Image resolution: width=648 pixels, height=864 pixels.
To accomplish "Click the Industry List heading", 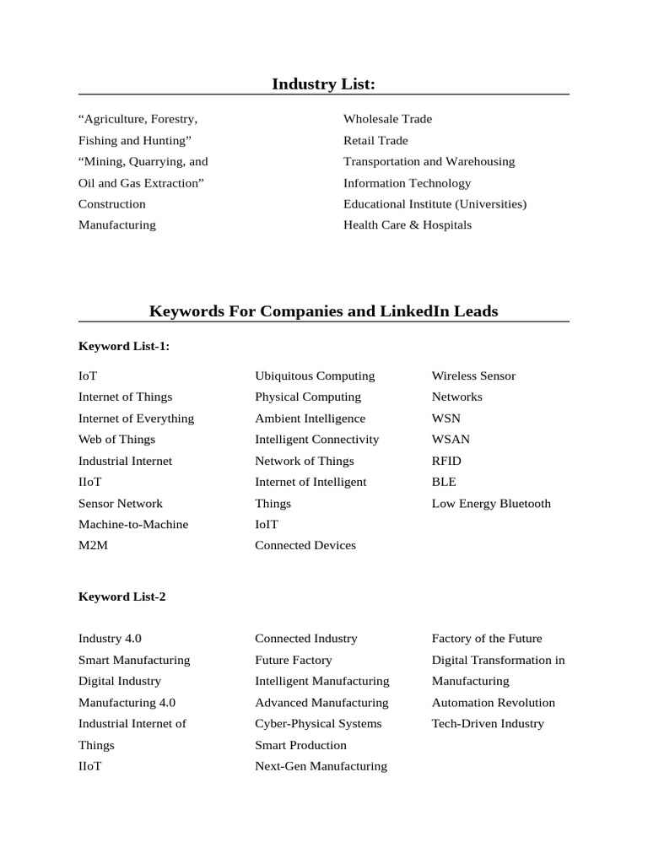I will (323, 84).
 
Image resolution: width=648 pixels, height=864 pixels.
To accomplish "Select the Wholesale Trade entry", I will (387, 119).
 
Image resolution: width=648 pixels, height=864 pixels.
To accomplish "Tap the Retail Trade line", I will (375, 140).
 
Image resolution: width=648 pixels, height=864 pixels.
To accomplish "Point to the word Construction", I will (112, 204).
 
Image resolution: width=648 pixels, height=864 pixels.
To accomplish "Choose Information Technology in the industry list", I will (407, 183).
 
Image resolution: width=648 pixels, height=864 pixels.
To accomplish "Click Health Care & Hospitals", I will (408, 225).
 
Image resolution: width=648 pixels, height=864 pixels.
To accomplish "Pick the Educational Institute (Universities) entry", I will (435, 204).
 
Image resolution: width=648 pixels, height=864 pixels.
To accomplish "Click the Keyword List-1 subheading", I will (124, 346).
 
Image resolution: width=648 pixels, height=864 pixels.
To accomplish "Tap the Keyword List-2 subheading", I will (122, 597).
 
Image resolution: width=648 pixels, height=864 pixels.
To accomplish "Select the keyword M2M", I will (93, 546).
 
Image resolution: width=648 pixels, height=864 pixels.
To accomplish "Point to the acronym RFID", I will (446, 461).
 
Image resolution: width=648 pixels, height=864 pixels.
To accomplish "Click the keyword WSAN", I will (451, 440).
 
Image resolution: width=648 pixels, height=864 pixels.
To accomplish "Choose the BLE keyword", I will (444, 482).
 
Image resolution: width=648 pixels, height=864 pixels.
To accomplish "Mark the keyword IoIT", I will (267, 525).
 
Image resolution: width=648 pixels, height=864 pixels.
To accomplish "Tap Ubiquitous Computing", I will (315, 376).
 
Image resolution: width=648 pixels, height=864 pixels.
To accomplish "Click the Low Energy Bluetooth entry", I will (491, 504).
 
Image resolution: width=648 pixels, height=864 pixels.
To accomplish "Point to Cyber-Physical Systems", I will (318, 724).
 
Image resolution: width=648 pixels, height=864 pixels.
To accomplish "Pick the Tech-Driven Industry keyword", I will (488, 724).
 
